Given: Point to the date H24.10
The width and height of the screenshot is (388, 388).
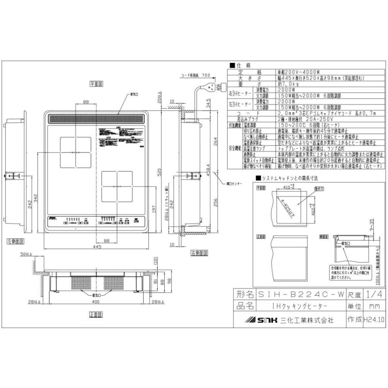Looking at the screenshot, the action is pos(373,320).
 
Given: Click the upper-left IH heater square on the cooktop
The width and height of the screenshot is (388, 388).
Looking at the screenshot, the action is pos(75,151).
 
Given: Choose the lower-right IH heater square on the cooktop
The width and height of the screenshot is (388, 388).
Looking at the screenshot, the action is pos(116,186).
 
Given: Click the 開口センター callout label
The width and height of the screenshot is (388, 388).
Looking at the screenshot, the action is pos(234,184).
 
